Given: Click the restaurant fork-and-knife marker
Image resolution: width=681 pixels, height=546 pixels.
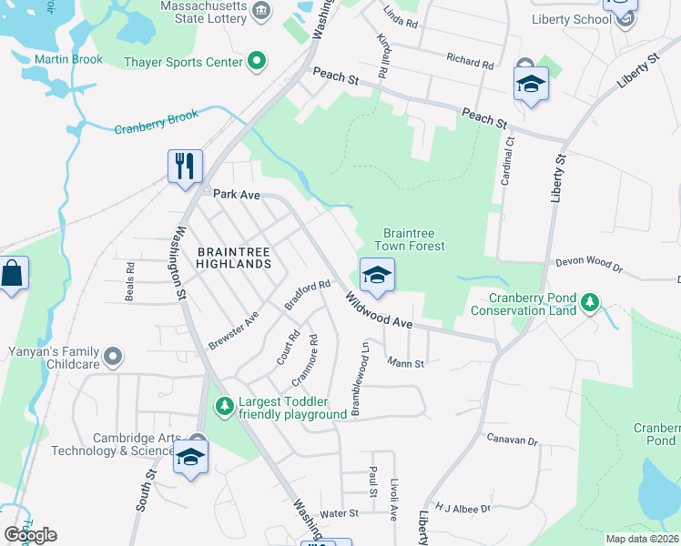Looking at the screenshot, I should [x=185, y=167].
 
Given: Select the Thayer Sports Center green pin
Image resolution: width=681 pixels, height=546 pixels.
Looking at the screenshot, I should [x=257, y=62].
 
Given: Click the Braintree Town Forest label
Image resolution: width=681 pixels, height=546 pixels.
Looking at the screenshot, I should [x=414, y=239].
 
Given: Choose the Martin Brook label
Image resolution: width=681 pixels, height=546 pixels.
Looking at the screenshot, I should [x=69, y=60].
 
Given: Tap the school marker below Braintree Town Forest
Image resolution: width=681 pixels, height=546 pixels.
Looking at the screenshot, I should [x=375, y=275].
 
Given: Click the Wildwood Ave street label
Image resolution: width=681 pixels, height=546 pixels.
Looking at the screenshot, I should [x=380, y=310].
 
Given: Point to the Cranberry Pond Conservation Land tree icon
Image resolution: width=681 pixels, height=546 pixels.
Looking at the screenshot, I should [x=589, y=301].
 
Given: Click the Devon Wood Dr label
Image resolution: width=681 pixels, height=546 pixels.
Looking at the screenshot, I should [x=588, y=265].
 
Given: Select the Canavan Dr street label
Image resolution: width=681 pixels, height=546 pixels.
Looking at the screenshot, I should [x=513, y=440].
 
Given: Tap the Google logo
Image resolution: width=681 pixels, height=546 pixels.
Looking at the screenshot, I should [x=30, y=535].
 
